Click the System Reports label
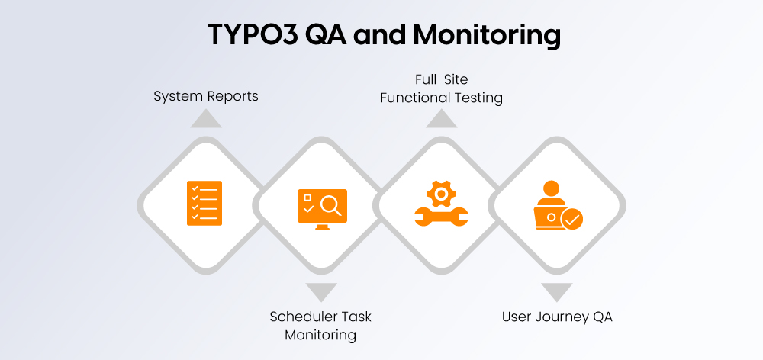[206, 96]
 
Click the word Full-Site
[442, 79]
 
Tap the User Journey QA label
[557, 317]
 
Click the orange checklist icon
[204, 203]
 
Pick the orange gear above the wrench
[440, 193]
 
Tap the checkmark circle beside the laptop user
[571, 220]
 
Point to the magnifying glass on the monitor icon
[331, 204]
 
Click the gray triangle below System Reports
[206, 118]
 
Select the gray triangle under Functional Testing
[441, 118]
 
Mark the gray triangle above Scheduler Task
[320, 291]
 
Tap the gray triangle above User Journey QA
[557, 291]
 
